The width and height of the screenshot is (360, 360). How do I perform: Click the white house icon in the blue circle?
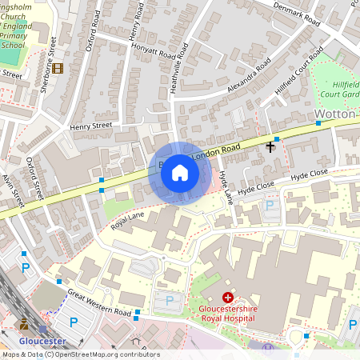[x=180, y=173]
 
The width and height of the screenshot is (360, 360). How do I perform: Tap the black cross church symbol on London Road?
[x=270, y=146]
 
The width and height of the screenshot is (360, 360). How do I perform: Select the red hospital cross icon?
[x=228, y=297]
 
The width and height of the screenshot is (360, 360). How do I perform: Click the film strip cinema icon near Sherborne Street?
[x=58, y=67]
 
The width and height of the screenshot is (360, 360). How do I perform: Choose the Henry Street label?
[x=90, y=126]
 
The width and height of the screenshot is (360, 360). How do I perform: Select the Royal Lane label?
[x=128, y=214]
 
